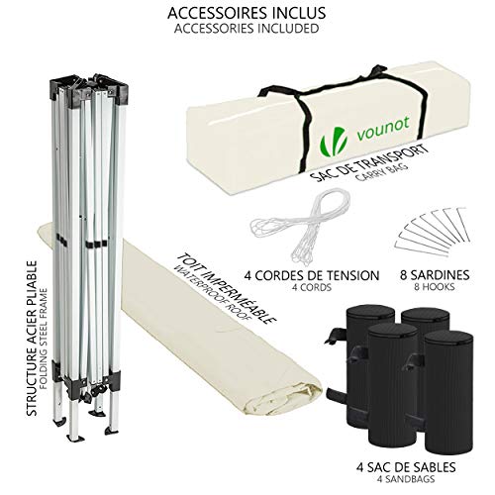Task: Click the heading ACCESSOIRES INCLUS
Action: coord(247,13)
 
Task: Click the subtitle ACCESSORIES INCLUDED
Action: coord(247,29)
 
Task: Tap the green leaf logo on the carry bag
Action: coord(334,143)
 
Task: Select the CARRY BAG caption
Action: coord(382,171)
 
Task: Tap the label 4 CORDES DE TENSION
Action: coord(312,275)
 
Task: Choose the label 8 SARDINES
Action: coord(435,275)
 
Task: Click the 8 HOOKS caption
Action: coord(435,287)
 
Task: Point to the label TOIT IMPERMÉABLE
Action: coord(227,288)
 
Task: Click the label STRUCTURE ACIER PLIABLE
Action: coord(32,339)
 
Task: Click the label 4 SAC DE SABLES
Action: coord(406,467)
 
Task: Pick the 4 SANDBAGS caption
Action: coord(406,479)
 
